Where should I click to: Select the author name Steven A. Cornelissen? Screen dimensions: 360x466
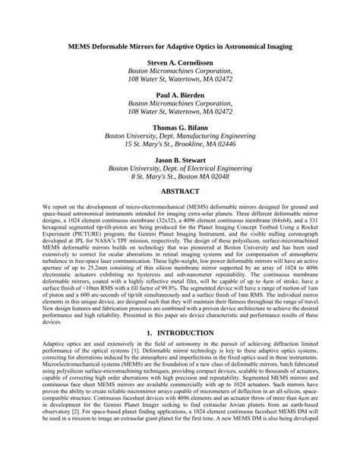[x=179, y=63]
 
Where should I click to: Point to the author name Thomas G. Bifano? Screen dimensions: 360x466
[x=179, y=127]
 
